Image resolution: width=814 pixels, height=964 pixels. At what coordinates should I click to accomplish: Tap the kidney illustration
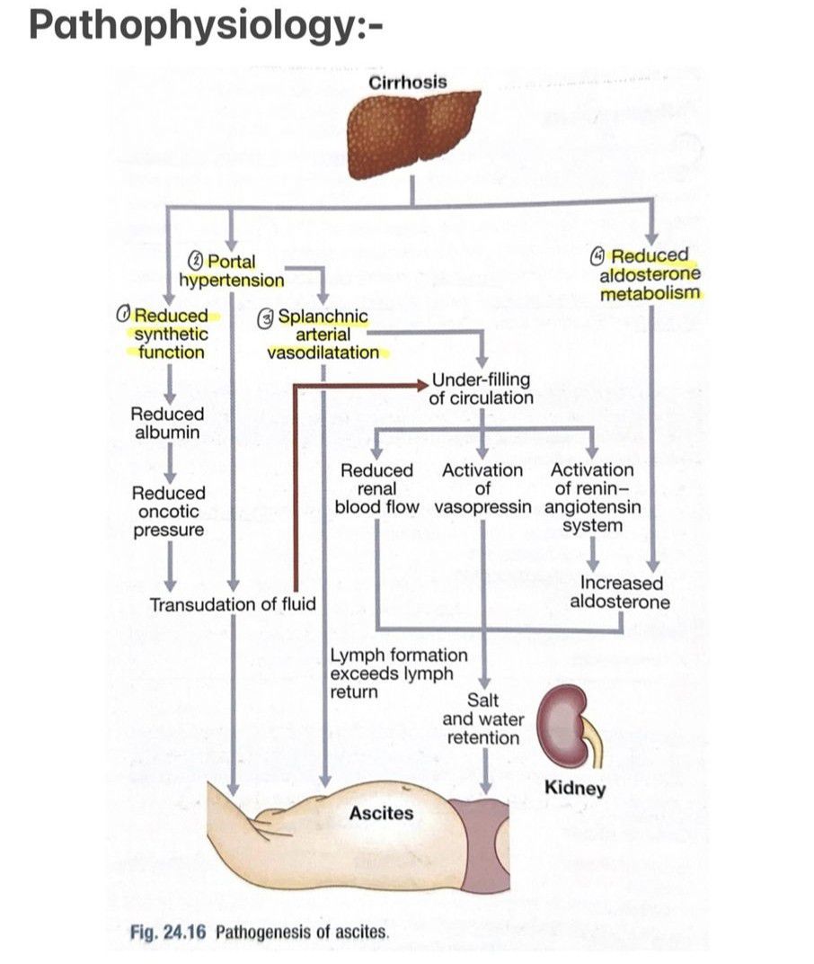click(567, 719)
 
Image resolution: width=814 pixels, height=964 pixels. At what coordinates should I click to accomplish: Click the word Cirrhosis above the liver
click(407, 82)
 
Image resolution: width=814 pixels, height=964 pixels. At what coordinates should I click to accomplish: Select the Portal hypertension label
click(231, 271)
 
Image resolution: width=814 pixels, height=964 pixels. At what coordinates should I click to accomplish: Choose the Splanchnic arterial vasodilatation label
click(323, 335)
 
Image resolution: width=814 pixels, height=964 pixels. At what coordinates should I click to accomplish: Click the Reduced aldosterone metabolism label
click(650, 274)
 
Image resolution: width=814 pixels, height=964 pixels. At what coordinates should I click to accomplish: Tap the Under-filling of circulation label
click(482, 388)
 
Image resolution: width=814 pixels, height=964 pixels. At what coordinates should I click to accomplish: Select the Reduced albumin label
click(167, 424)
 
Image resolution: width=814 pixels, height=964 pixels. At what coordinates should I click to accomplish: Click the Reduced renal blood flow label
click(376, 488)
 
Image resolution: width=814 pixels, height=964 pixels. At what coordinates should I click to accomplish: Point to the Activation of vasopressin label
click(482, 488)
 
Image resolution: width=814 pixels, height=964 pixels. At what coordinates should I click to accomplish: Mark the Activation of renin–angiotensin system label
click(592, 497)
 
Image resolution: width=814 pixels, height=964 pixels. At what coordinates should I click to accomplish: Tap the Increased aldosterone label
click(620, 593)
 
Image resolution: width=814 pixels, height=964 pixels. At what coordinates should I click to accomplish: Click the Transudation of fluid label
click(233, 604)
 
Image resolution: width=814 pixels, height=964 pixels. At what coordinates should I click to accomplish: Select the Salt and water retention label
click(483, 719)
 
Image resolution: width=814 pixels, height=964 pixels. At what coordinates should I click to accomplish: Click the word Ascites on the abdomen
click(381, 814)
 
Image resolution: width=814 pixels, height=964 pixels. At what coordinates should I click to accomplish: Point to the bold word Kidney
click(575, 790)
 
